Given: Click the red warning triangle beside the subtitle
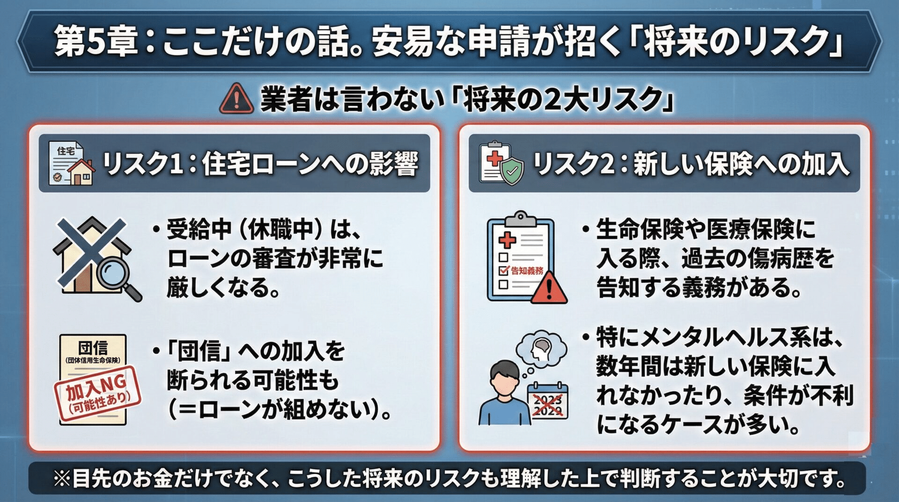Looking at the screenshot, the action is click(236, 99).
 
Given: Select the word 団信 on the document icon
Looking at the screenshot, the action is click(93, 347).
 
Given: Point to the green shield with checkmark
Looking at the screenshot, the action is click(512, 171).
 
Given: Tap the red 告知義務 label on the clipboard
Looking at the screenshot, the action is click(527, 271).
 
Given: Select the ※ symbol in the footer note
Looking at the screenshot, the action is click(61, 479).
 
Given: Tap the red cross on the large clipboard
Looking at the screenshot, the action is click(507, 241).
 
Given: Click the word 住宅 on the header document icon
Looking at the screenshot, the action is click(66, 151).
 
